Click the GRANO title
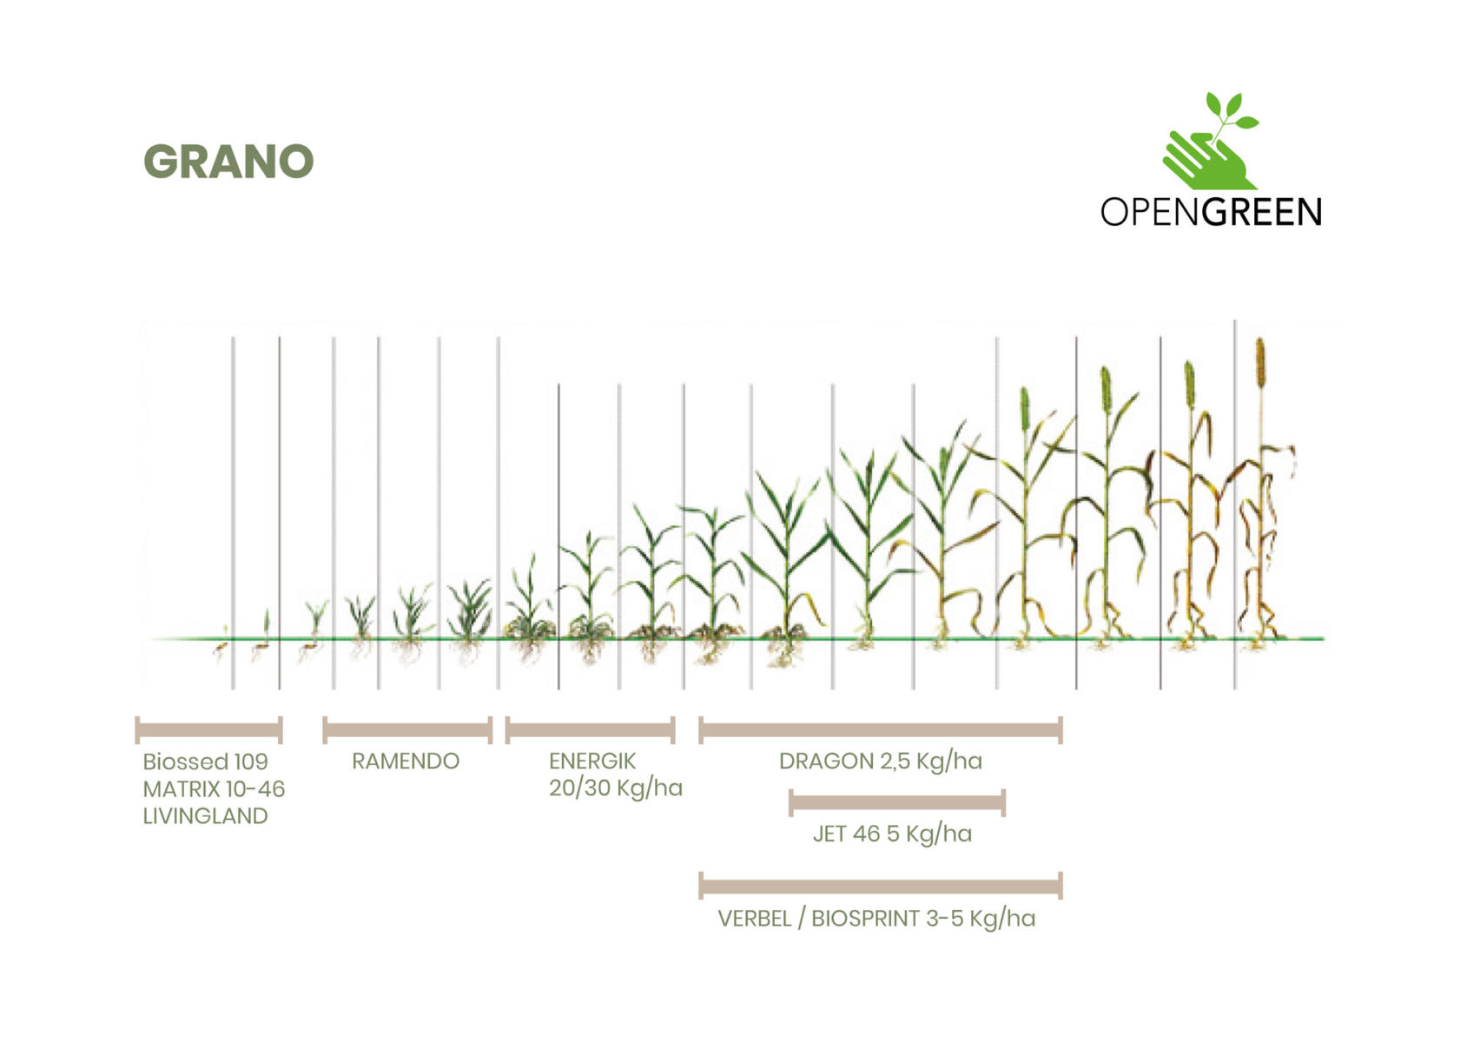(x=228, y=162)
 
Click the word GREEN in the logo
(x=1262, y=212)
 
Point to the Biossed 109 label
(x=206, y=762)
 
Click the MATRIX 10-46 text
(x=215, y=789)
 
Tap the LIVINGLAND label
(x=206, y=816)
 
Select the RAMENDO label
(x=406, y=761)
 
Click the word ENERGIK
(x=592, y=761)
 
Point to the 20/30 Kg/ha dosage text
(x=616, y=788)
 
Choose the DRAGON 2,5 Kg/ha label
(x=881, y=762)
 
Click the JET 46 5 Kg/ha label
(x=893, y=834)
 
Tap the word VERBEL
(x=755, y=919)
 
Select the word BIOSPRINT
(x=866, y=919)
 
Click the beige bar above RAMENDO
(x=407, y=730)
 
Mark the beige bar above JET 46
(x=897, y=802)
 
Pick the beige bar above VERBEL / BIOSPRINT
(x=881, y=886)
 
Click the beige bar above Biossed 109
(x=209, y=730)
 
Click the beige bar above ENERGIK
(x=590, y=730)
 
